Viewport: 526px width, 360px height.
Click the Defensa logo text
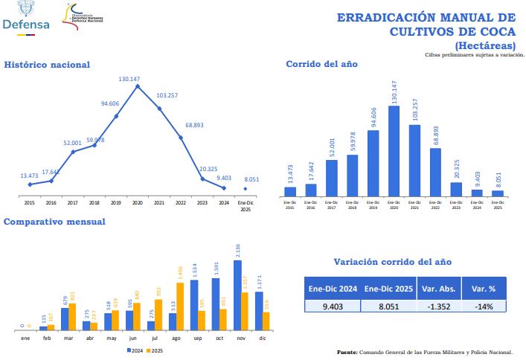(26, 24)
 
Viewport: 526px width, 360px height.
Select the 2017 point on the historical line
(73, 152)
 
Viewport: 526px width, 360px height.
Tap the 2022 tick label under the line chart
(181, 202)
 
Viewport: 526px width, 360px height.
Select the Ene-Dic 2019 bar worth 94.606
(373, 163)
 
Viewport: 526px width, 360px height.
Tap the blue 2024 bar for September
(194, 305)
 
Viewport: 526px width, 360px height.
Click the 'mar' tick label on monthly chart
(68, 338)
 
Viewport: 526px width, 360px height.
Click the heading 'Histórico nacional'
(47, 65)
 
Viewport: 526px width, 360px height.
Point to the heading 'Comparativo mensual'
(54, 222)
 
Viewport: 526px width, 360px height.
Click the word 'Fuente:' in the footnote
(347, 352)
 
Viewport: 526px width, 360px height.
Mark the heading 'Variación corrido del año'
(392, 262)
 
